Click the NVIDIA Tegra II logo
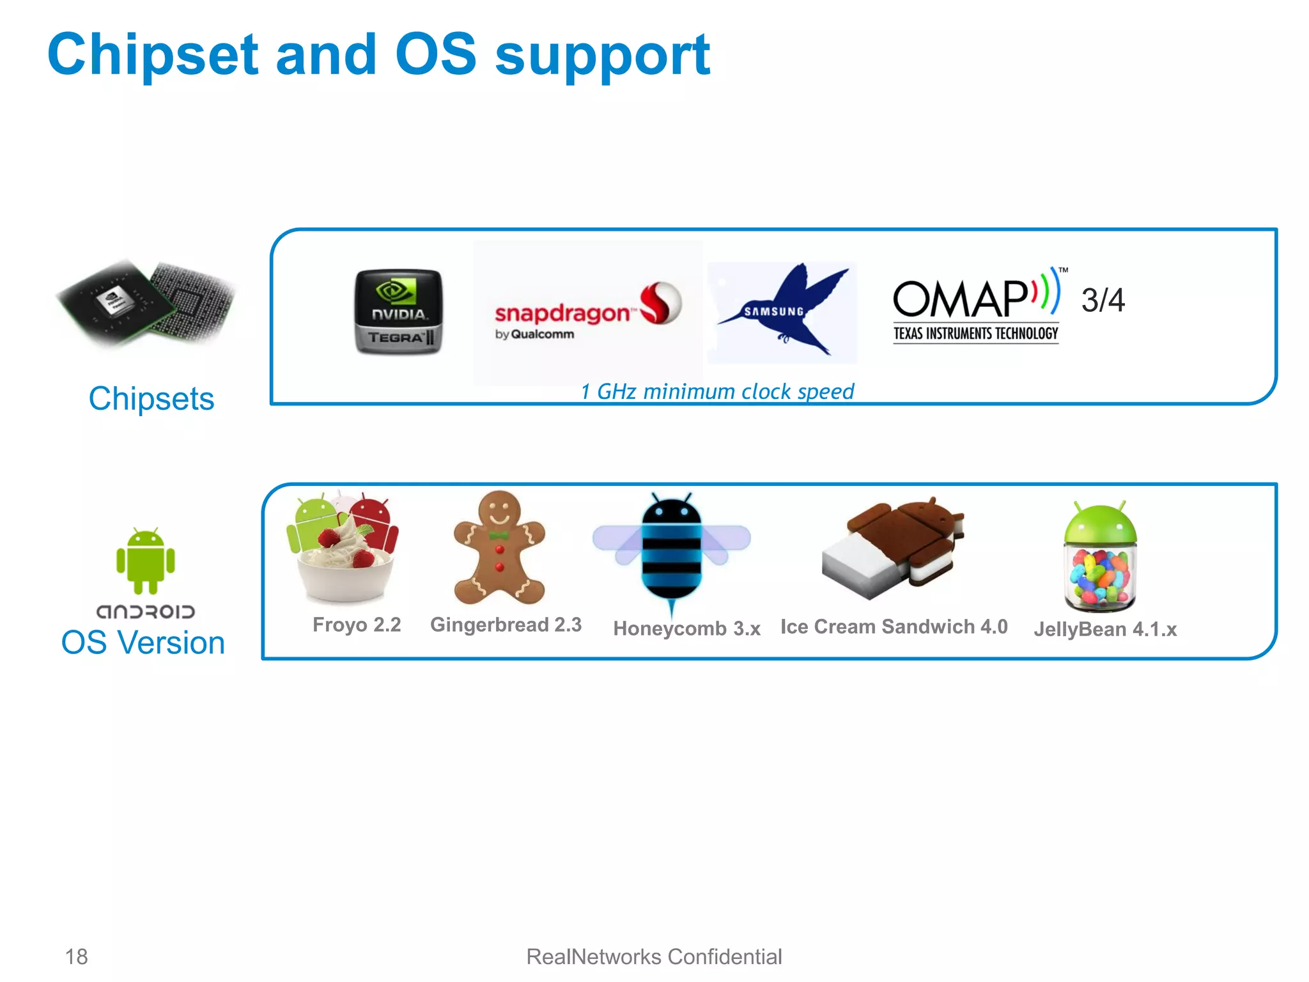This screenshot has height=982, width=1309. point(398,311)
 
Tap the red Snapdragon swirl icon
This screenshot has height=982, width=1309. point(661,303)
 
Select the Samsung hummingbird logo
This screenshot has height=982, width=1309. point(783,313)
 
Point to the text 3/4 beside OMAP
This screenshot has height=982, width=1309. point(1103,300)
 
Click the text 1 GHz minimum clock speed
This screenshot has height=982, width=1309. point(716,391)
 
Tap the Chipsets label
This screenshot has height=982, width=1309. point(151,399)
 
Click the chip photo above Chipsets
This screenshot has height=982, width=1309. point(146,302)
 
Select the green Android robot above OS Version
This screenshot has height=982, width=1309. point(146,560)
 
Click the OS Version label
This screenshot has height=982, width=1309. point(143,643)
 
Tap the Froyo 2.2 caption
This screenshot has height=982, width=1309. point(357,625)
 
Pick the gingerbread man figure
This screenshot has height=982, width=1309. point(499,549)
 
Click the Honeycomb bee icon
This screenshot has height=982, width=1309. point(671,550)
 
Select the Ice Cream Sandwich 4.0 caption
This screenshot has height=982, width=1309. point(894,627)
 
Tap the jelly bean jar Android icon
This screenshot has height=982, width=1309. point(1100,556)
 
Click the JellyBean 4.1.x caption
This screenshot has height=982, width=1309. point(1105,629)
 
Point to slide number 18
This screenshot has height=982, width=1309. point(77,956)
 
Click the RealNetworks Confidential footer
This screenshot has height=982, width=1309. point(654,956)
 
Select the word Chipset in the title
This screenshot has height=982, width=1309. point(153,55)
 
